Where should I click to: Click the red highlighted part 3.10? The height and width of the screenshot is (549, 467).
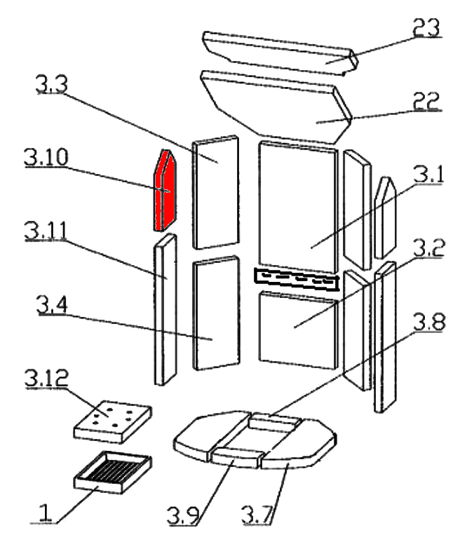(163, 191)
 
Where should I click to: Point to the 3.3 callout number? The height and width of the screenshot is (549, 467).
(51, 85)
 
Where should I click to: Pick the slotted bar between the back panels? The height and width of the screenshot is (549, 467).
(296, 279)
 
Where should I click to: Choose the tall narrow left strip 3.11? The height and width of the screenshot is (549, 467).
(166, 309)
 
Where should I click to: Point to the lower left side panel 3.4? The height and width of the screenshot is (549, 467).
(215, 313)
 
